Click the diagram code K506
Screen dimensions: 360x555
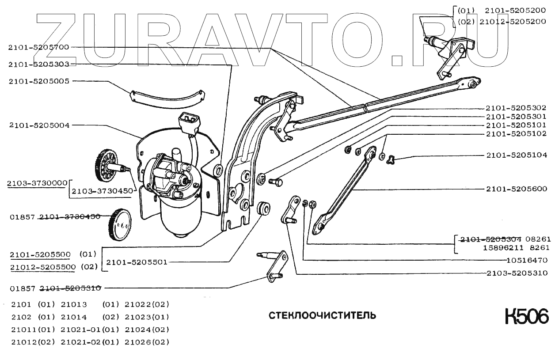(527, 316)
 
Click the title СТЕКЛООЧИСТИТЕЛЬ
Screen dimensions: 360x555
(323, 315)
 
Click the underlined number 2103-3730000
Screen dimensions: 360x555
(37, 182)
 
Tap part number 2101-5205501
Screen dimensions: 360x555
(137, 262)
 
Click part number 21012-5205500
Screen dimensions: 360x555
(43, 267)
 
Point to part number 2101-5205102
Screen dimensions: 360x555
(516, 133)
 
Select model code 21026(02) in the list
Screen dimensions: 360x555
(147, 342)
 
